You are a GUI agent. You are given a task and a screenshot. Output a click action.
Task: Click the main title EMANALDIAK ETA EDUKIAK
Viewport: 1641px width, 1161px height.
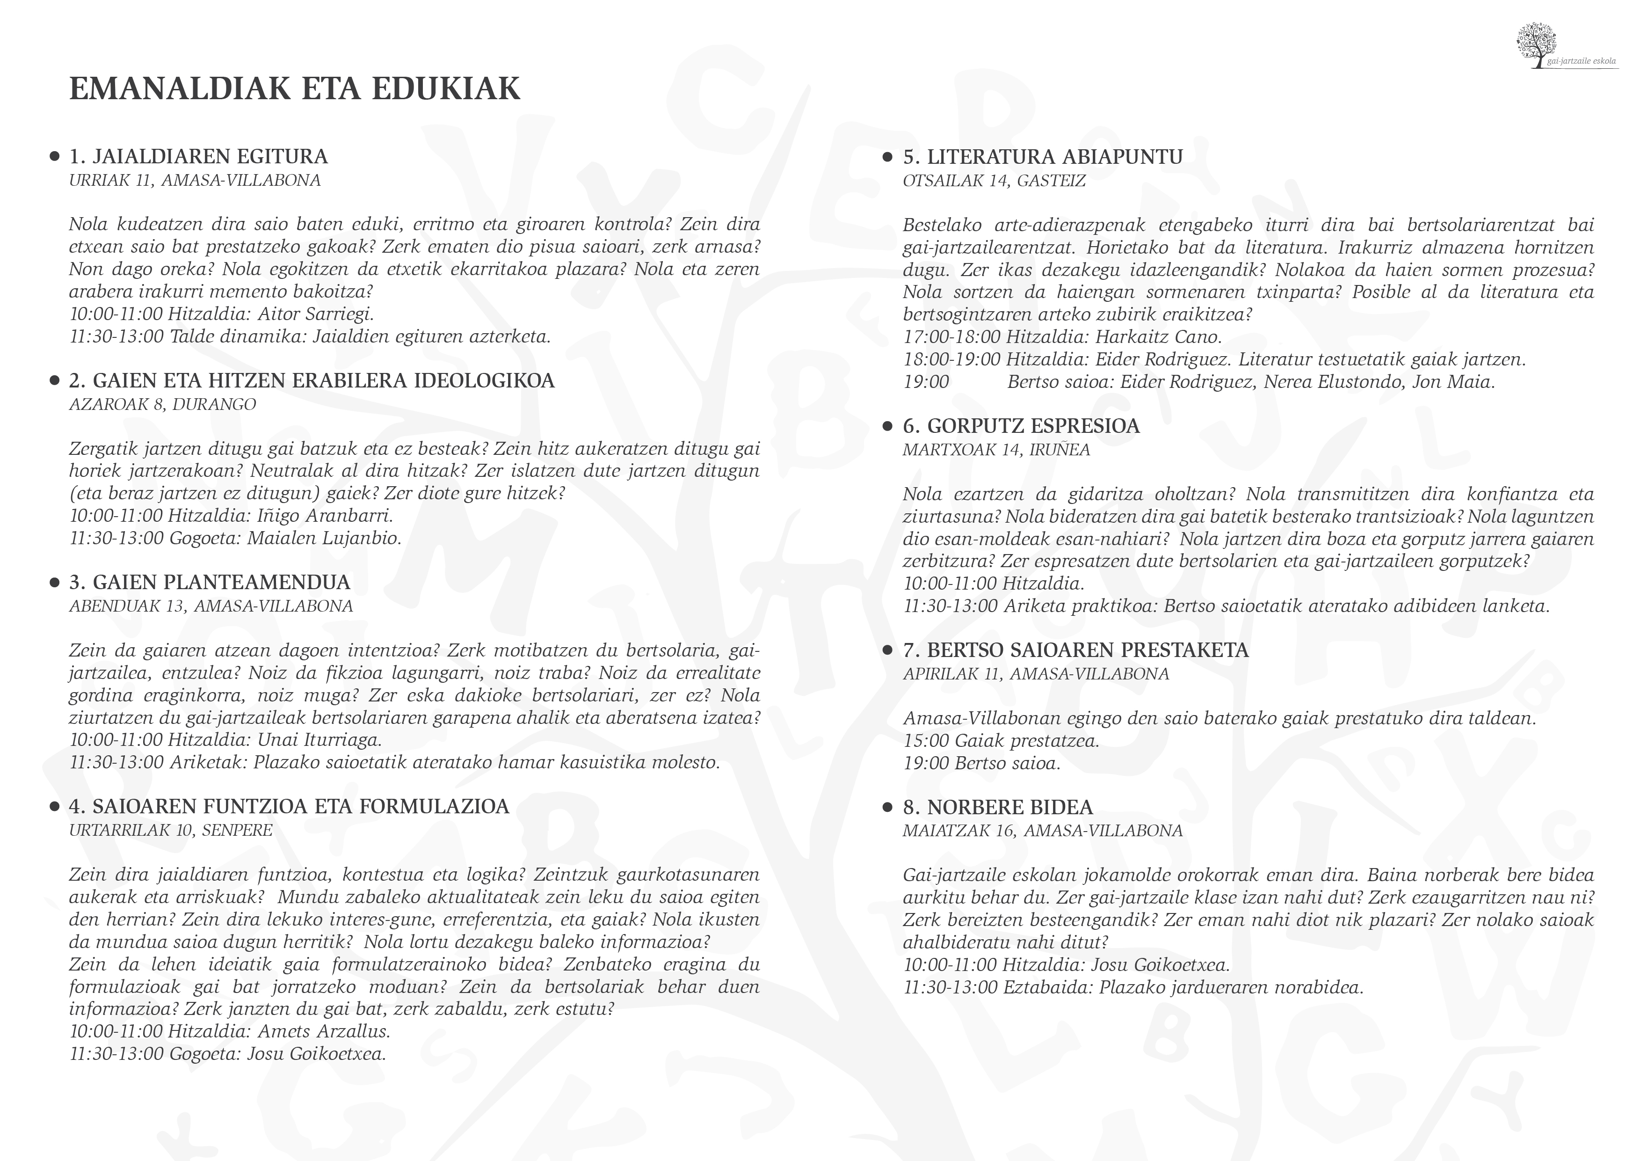(294, 88)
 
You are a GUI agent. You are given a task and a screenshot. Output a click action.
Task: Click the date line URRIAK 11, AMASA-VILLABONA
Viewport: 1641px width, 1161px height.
(195, 180)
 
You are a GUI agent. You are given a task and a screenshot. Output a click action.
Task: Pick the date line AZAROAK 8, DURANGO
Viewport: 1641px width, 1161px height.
(162, 405)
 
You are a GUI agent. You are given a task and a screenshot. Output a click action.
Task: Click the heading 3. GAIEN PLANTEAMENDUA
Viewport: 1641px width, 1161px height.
(210, 582)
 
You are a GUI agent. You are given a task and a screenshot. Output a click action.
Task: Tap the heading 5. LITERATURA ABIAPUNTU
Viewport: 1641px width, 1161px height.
(1043, 157)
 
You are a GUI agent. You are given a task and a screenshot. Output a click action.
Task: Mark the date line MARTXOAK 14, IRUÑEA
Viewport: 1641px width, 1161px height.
(996, 450)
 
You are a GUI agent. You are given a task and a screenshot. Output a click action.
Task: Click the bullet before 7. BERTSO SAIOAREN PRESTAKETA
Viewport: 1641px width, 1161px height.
(888, 650)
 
